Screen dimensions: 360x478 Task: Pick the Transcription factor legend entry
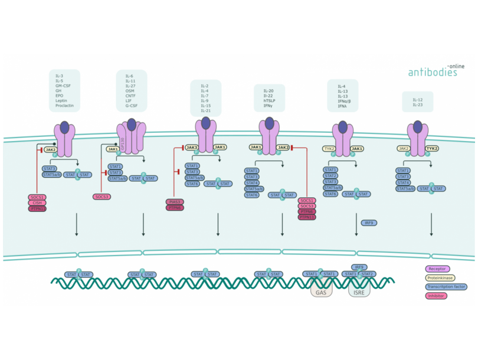(x=446, y=286)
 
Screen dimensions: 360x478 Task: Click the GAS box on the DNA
(x=321, y=292)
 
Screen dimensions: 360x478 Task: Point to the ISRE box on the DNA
(x=359, y=292)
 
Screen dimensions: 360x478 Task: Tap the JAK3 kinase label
(x=192, y=147)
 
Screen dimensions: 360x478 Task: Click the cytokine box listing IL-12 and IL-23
(x=417, y=102)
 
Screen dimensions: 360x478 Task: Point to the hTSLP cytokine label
(x=269, y=101)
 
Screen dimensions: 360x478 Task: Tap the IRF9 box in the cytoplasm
(x=369, y=222)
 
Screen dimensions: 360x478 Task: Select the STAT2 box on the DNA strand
(x=368, y=274)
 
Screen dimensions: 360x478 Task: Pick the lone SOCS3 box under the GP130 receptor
(x=101, y=197)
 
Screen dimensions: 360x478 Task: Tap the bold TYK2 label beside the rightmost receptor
(x=432, y=149)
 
